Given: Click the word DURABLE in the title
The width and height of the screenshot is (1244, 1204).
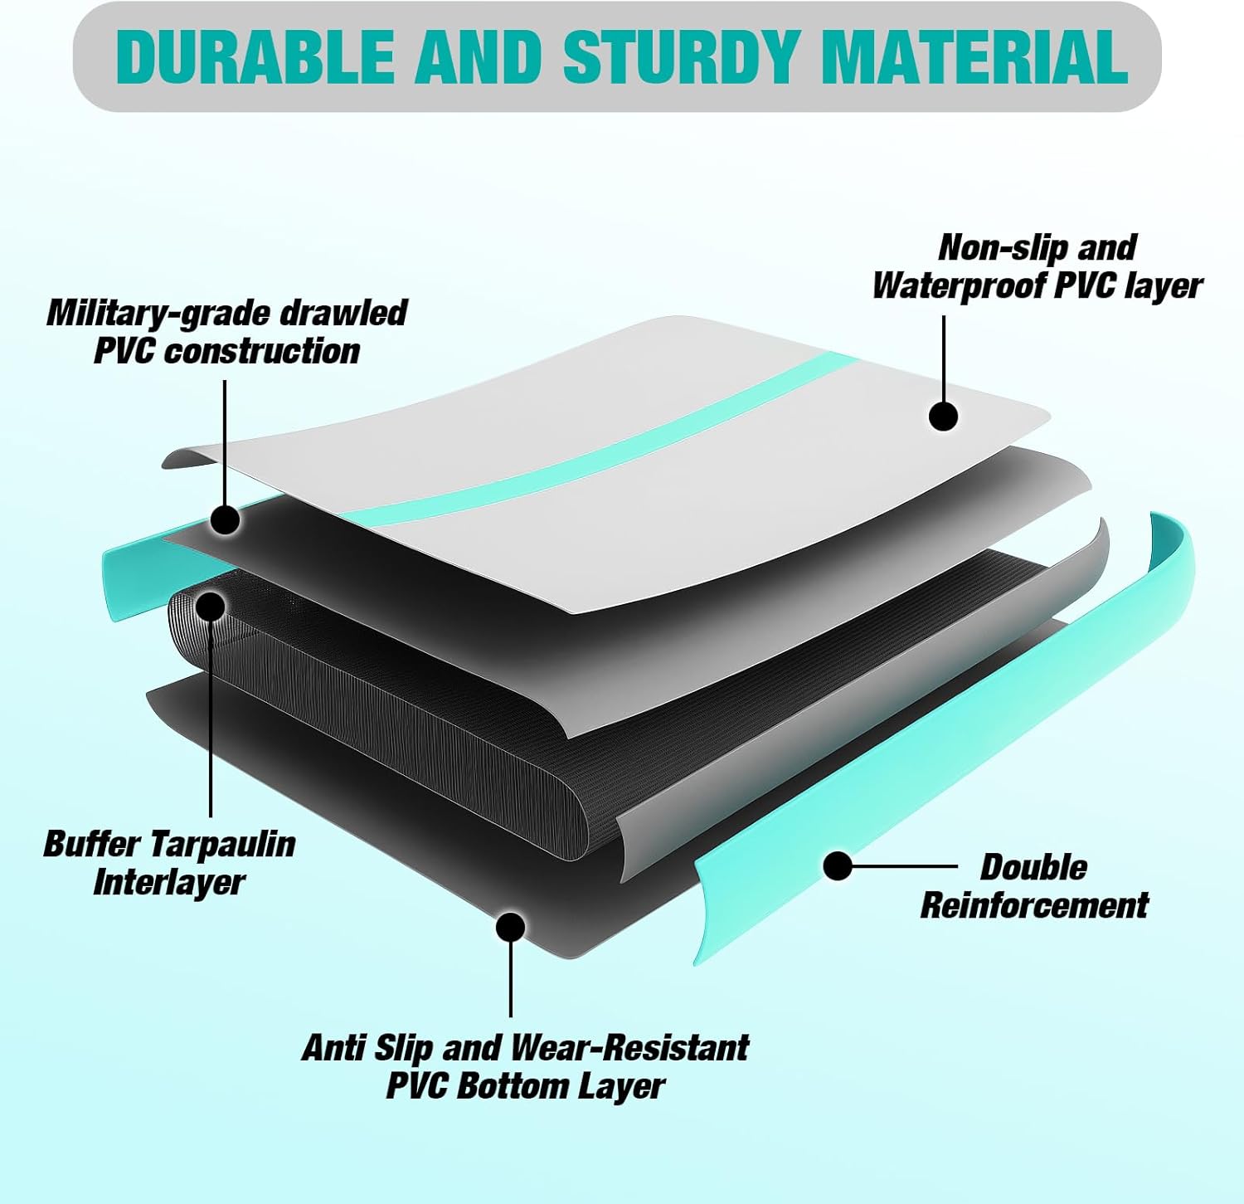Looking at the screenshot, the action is click(x=255, y=56).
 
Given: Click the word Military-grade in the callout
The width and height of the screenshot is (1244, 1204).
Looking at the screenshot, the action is click(x=157, y=314).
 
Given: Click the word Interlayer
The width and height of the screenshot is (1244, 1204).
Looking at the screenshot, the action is click(x=168, y=882).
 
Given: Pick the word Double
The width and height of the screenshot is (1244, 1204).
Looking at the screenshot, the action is click(x=1033, y=867).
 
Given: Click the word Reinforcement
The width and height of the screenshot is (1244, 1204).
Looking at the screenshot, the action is click(x=1034, y=905).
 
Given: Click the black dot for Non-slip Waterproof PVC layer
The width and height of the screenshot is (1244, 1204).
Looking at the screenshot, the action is click(x=943, y=416).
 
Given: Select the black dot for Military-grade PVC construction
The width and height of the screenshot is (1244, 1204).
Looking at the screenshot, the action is click(x=225, y=520).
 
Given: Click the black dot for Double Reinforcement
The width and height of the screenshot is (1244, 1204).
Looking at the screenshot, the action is click(x=838, y=866).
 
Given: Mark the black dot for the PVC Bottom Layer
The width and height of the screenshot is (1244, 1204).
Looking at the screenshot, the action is click(x=510, y=927).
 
